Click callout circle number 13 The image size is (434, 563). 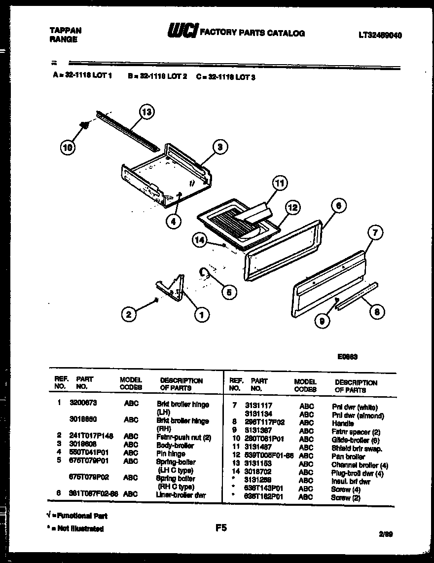(x=146, y=112)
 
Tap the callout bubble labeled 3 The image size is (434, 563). (x=220, y=146)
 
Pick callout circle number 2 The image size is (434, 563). (x=129, y=313)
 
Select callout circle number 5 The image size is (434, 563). (x=228, y=292)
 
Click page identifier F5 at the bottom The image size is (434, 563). (x=220, y=528)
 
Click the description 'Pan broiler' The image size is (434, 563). (x=348, y=457)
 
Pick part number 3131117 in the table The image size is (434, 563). (x=258, y=407)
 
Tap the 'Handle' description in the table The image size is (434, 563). (x=342, y=423)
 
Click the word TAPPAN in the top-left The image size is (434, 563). (x=66, y=30)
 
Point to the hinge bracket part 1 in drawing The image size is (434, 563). (x=171, y=290)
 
